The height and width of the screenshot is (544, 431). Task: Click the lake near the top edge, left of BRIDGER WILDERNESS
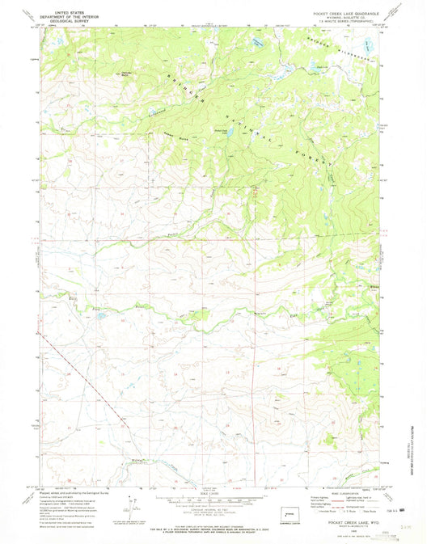[257, 40]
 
